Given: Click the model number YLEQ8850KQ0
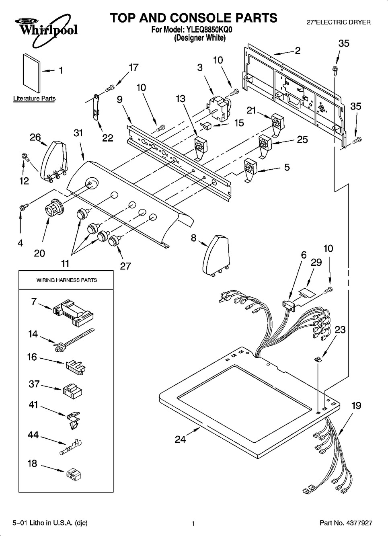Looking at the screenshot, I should coord(209,30).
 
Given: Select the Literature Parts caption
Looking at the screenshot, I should coord(34,99).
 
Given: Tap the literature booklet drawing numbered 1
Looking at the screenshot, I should coord(32,73).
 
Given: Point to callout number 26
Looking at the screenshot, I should coord(35,138).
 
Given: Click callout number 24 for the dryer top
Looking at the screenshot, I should coord(181,439).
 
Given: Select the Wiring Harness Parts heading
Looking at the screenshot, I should coord(67,280).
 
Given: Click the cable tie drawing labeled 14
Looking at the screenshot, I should coord(74,339).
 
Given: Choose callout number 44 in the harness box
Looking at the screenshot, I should coord(33,435).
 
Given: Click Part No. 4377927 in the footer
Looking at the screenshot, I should coord(346,523).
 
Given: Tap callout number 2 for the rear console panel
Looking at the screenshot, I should coord(298,51).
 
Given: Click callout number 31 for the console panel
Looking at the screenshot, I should coord(78,133).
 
